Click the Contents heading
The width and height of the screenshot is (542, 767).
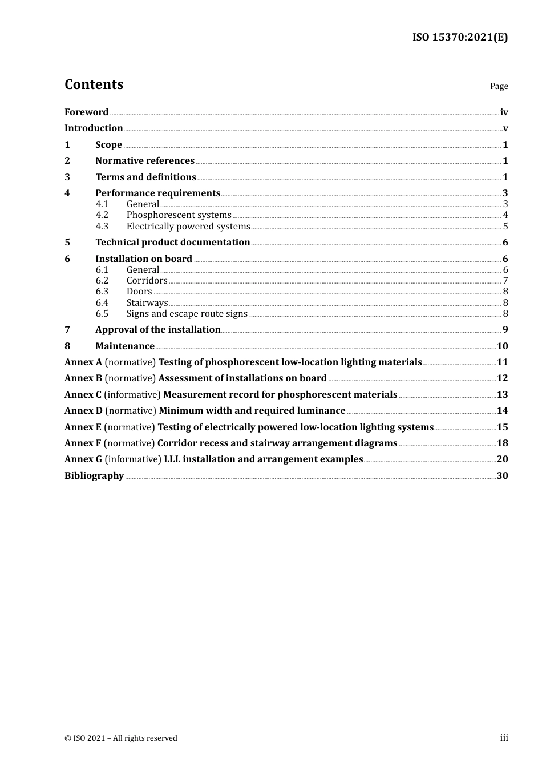click(94, 84)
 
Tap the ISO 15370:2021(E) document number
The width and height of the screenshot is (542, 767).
click(460, 37)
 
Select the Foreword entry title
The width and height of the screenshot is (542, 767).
click(86, 112)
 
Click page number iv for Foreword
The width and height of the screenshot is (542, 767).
click(504, 112)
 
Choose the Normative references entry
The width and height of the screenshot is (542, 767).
click(145, 161)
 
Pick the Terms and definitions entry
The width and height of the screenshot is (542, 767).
click(145, 177)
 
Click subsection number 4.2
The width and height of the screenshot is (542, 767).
click(102, 215)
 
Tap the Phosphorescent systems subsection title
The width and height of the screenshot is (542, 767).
click(179, 215)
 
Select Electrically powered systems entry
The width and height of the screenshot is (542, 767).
click(188, 227)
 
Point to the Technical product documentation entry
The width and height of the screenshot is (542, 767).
click(172, 243)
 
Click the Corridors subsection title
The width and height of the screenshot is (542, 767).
click(147, 281)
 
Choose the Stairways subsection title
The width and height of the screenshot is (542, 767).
click(147, 303)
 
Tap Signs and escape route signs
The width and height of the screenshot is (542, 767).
click(187, 314)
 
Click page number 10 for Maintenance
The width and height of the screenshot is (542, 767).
click(502, 346)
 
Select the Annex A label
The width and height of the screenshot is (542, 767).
click(83, 362)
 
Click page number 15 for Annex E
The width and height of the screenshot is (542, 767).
click(502, 427)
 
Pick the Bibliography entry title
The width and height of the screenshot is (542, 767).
click(94, 476)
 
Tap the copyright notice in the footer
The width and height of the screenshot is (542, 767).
click(121, 738)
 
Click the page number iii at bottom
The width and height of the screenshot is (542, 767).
click(504, 738)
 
